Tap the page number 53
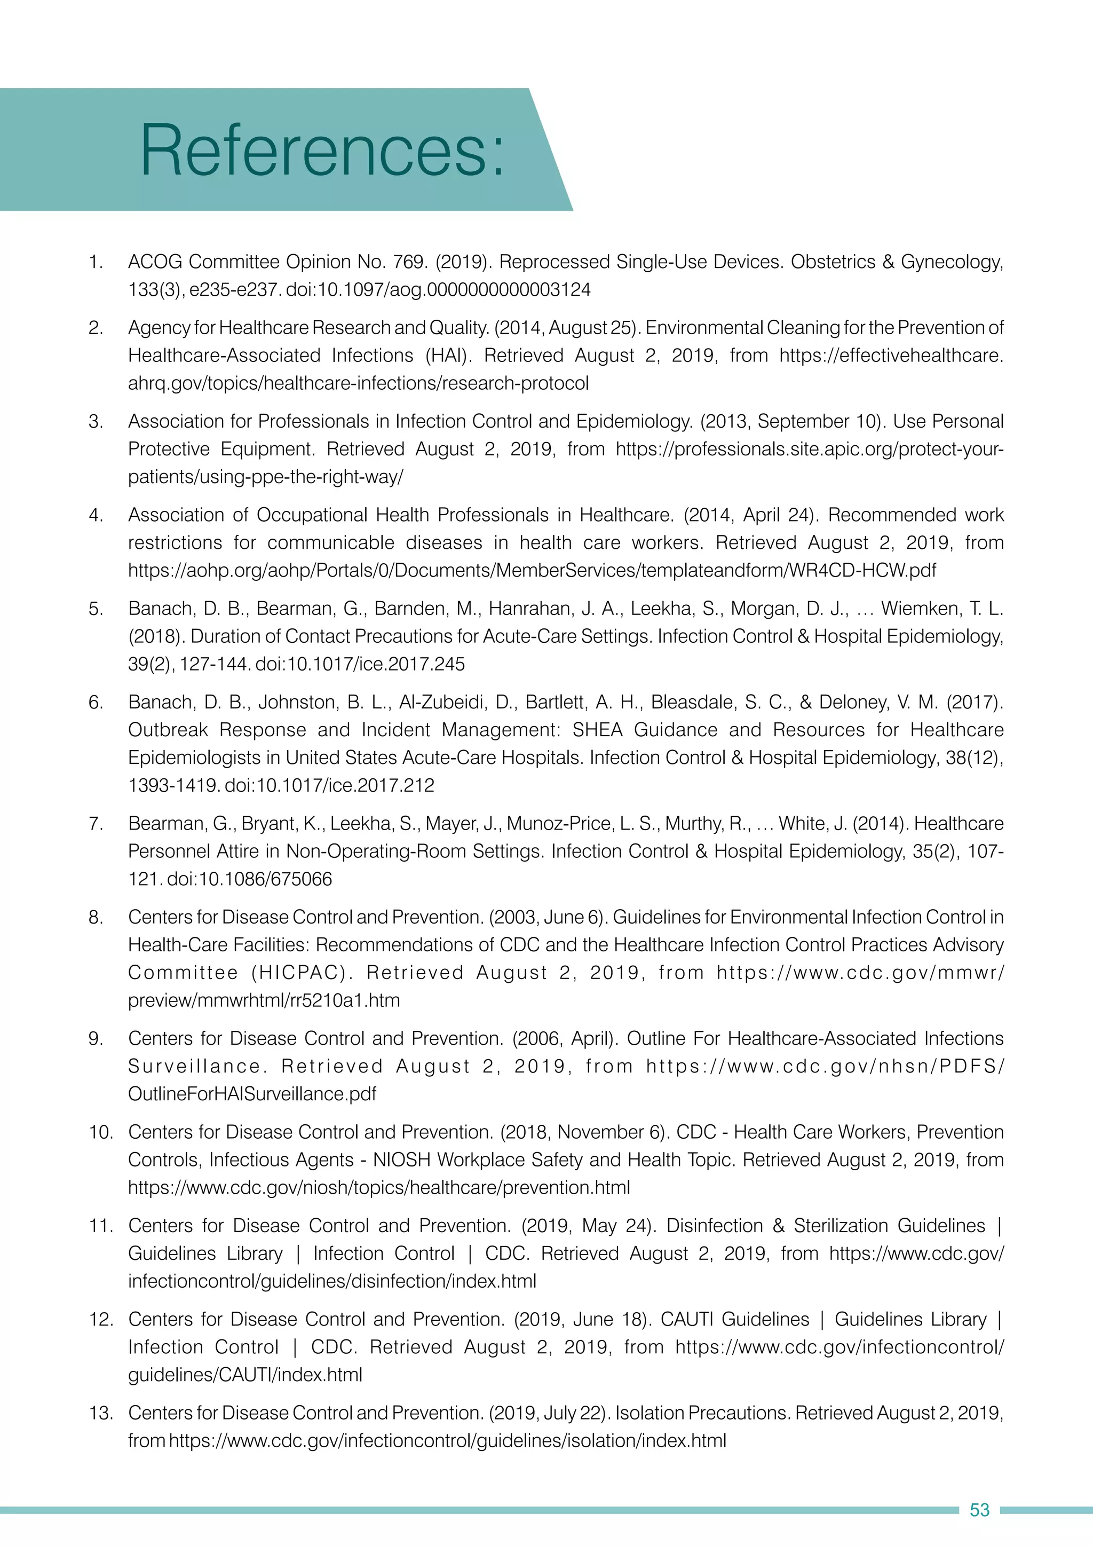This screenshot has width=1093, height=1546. click(979, 1510)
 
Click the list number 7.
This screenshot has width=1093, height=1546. click(96, 824)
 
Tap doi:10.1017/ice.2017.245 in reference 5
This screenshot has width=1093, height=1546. click(360, 665)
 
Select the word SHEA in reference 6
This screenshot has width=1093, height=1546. click(597, 730)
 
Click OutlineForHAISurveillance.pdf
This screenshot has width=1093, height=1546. click(252, 1093)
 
